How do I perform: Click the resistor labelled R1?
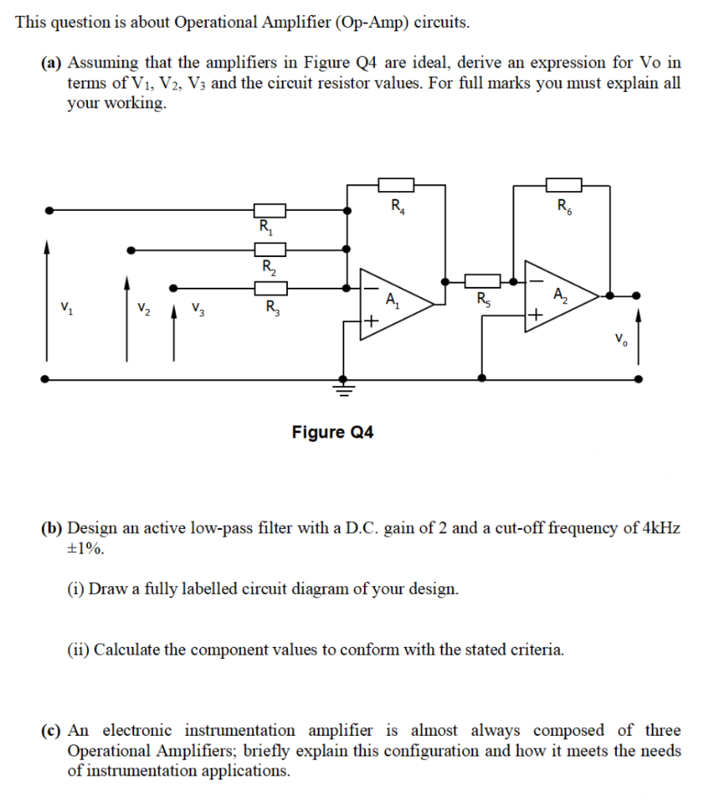(270, 211)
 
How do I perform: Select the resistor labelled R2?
(270, 249)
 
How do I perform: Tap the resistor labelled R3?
(270, 288)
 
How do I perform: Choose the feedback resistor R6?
(564, 185)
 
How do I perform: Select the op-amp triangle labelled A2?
(562, 295)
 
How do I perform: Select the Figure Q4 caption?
(333, 432)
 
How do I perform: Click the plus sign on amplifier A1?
(370, 321)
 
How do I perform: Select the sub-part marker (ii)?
(78, 650)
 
